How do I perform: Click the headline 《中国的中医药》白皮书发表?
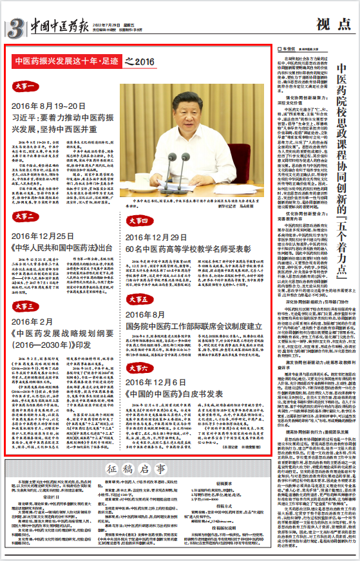[x=170, y=393]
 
